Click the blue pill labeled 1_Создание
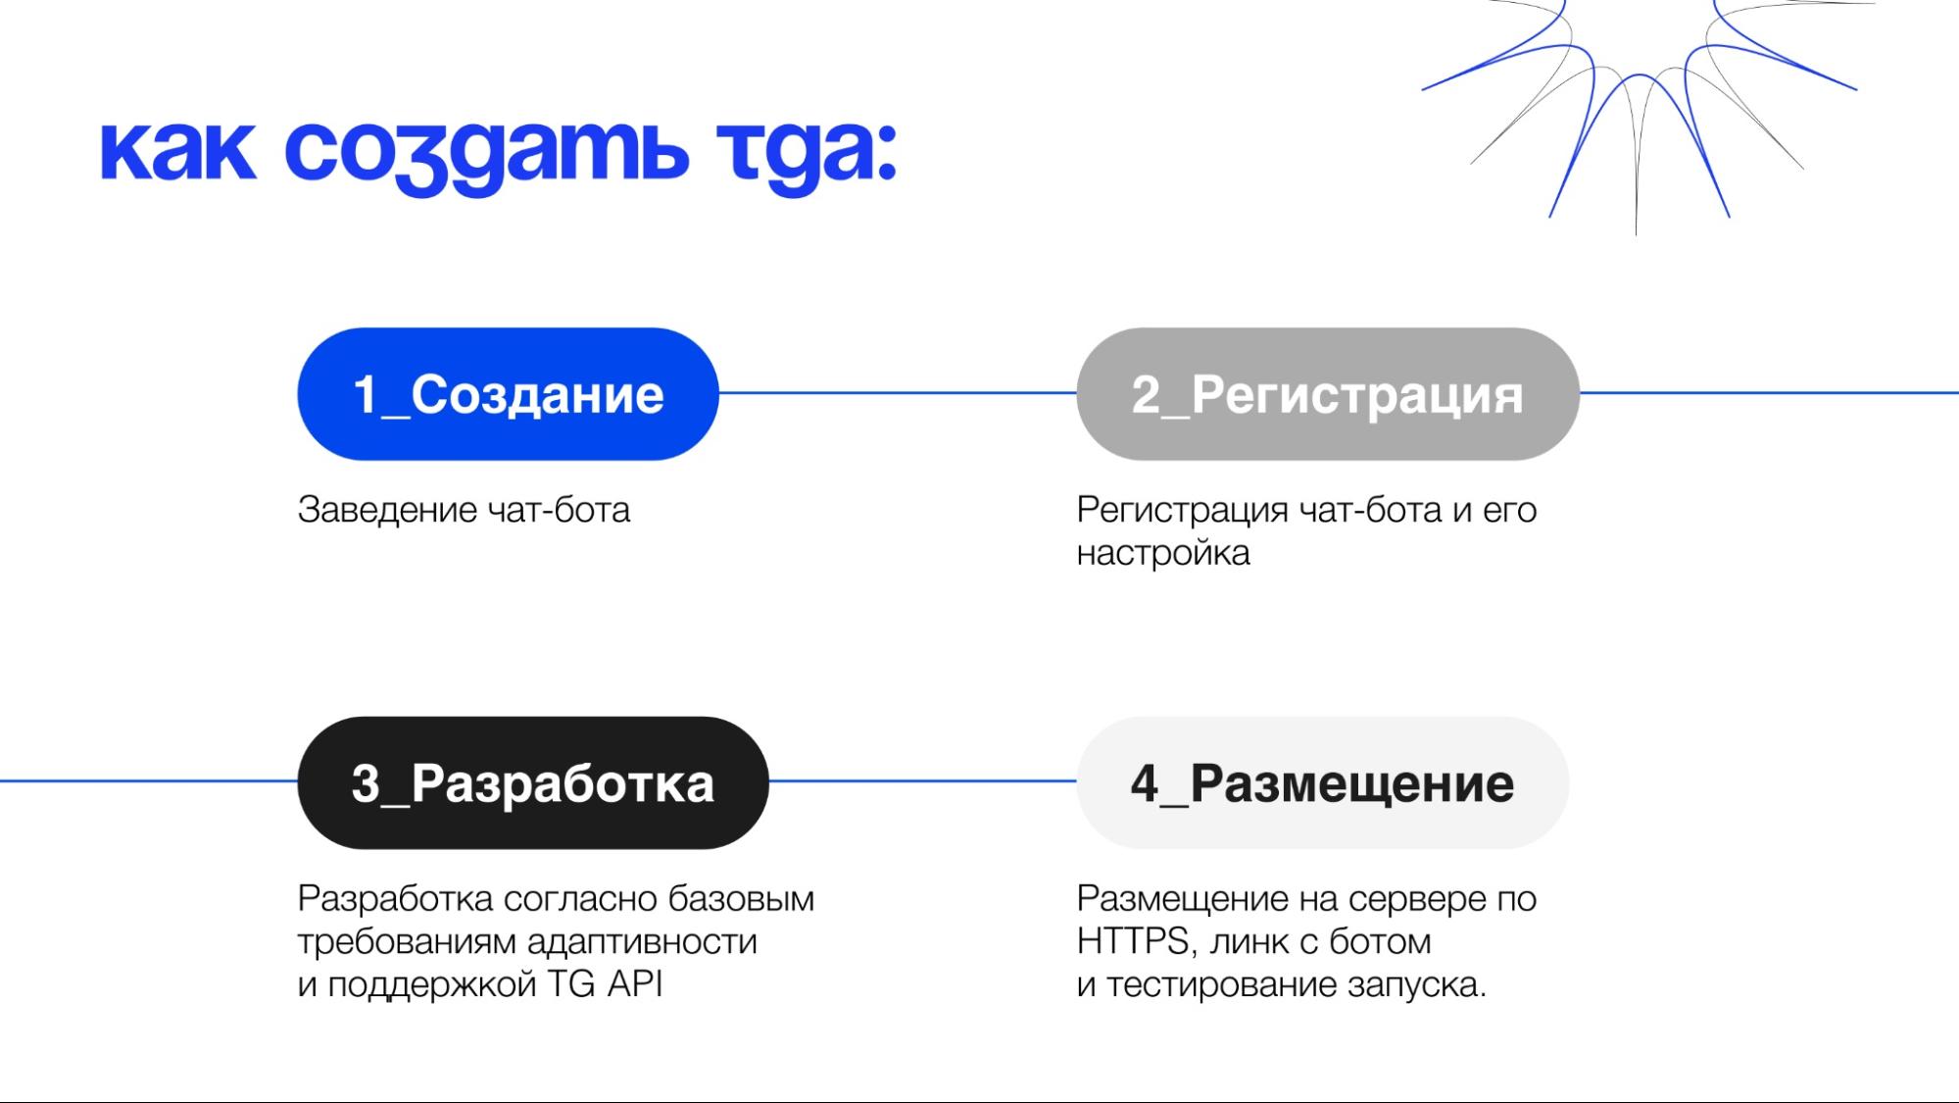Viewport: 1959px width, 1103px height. pyautogui.click(x=508, y=394)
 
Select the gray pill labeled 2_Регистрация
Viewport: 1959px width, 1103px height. pyautogui.click(x=1327, y=394)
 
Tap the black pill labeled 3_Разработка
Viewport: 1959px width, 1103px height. pyautogui.click(x=532, y=782)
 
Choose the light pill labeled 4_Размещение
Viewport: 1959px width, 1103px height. pyautogui.click(x=1322, y=782)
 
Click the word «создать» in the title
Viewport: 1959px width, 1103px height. pyautogui.click(x=486, y=152)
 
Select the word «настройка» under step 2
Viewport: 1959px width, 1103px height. pyautogui.click(x=1163, y=553)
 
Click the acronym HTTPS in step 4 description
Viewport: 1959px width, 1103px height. pyautogui.click(x=1133, y=941)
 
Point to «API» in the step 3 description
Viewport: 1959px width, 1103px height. pyautogui.click(x=634, y=983)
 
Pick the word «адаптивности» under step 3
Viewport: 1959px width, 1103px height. pyautogui.click(x=642, y=941)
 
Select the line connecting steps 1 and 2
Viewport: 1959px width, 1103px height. pyautogui.click(x=897, y=393)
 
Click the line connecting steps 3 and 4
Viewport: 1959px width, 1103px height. pyautogui.click(x=922, y=781)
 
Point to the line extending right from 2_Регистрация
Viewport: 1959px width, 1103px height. pyautogui.click(x=1769, y=393)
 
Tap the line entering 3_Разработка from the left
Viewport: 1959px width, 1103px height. pyautogui.click(x=147, y=781)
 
